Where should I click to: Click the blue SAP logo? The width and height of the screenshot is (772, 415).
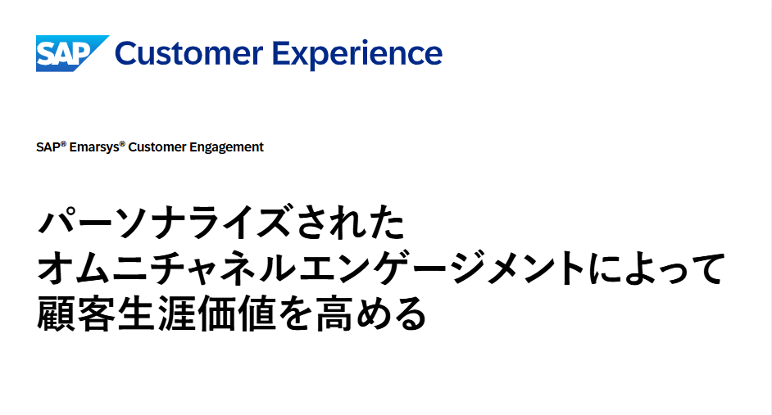point(72,53)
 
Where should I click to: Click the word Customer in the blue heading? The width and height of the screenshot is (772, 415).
point(188,53)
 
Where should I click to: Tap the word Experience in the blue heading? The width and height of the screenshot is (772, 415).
point(357,54)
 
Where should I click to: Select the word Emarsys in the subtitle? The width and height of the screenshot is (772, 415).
point(94,147)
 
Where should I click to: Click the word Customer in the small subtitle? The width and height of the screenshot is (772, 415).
point(157,147)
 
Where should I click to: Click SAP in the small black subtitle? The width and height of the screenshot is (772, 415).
point(48,147)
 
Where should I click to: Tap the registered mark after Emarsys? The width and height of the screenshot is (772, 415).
point(122,143)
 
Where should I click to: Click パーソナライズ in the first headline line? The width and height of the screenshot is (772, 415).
point(163,224)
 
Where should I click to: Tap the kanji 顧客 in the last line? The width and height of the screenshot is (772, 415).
point(76,313)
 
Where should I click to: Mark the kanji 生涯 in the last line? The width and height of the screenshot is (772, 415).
point(157,313)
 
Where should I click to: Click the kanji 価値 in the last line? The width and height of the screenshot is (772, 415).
point(237,313)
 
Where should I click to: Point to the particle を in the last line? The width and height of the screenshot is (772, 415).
point(295,313)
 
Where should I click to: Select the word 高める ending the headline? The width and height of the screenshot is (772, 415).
point(370,313)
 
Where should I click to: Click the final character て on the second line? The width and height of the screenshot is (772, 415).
point(707,268)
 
